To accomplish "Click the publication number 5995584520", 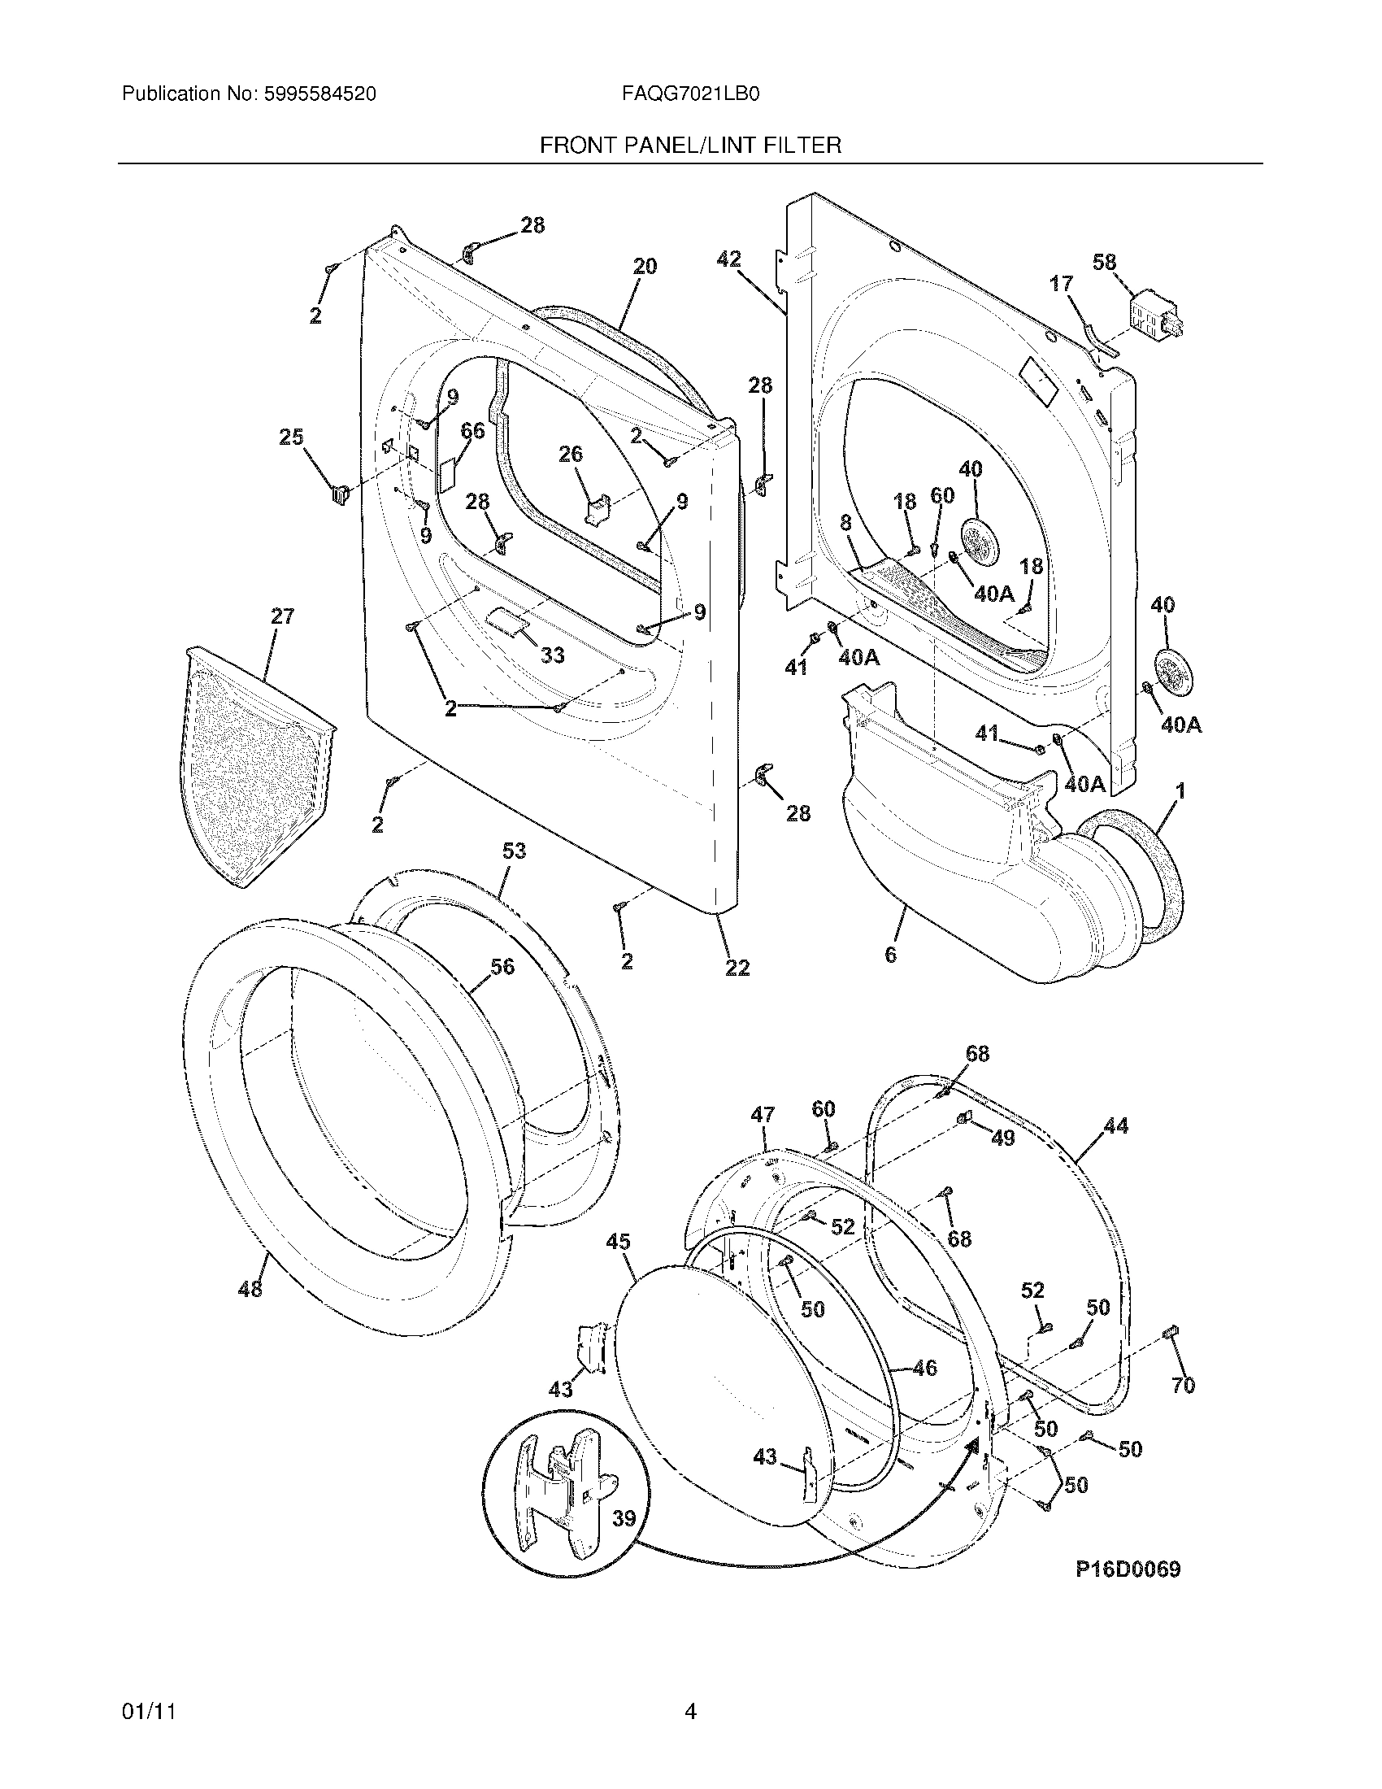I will [x=320, y=94].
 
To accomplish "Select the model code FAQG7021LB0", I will [x=690, y=94].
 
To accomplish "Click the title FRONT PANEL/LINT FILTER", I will [x=690, y=146].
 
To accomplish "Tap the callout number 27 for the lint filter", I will [x=281, y=616].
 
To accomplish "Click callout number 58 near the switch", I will [x=1104, y=262].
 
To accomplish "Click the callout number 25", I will [x=291, y=437].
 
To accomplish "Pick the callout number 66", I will [x=473, y=430].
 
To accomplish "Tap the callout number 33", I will [x=553, y=655].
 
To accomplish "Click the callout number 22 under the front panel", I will [x=737, y=968].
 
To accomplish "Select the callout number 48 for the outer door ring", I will [x=250, y=1289].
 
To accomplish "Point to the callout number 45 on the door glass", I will [x=618, y=1242].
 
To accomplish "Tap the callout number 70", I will [x=1184, y=1385].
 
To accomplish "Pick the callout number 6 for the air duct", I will [x=890, y=955].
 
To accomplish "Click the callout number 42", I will [x=728, y=259].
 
